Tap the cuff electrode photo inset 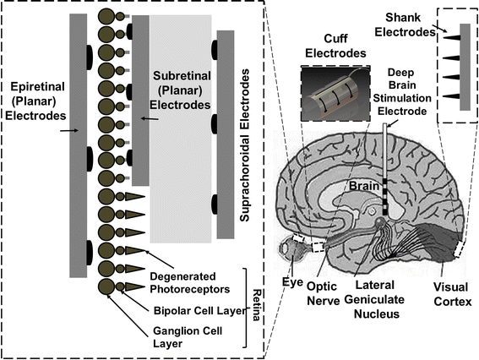[x=335, y=90]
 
